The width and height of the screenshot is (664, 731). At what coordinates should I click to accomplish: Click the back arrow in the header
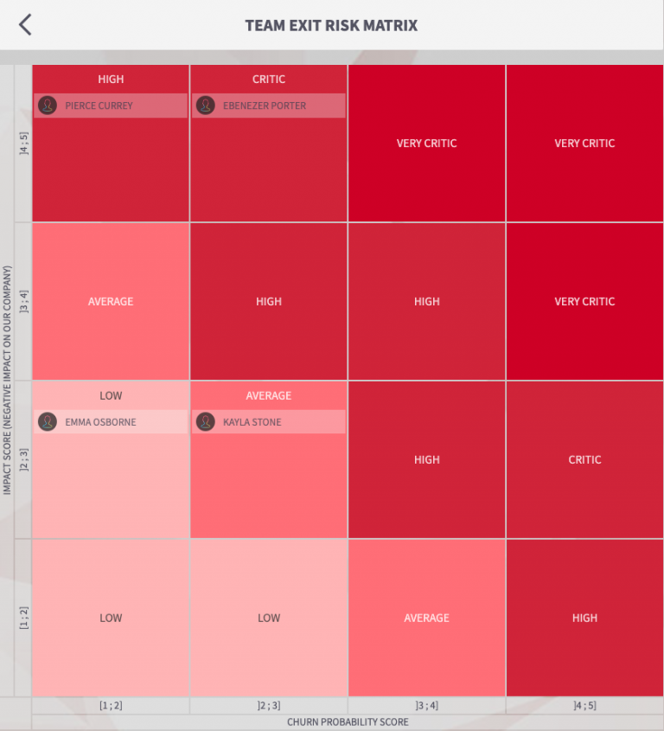click(x=25, y=25)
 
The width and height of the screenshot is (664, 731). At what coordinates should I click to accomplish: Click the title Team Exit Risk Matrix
click(x=331, y=25)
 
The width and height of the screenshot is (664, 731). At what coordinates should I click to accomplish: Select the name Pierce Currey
click(x=99, y=106)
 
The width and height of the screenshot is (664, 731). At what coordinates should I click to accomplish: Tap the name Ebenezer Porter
click(x=265, y=106)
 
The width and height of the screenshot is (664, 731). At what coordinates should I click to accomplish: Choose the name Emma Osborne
click(x=100, y=422)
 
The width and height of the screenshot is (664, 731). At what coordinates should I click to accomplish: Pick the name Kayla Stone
click(x=252, y=422)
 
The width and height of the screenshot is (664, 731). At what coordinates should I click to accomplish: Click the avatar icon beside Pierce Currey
click(x=48, y=106)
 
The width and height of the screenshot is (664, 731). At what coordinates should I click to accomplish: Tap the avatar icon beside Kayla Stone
click(x=206, y=422)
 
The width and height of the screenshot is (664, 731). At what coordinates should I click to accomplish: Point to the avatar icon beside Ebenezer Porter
click(x=206, y=106)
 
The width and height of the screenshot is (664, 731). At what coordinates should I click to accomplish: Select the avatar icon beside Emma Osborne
click(x=48, y=422)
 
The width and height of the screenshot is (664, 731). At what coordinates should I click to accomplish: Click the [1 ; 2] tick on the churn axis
click(x=111, y=706)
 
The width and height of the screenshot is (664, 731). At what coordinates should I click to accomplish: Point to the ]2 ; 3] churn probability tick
click(x=269, y=706)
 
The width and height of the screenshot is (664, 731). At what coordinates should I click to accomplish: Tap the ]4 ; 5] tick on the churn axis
click(x=584, y=706)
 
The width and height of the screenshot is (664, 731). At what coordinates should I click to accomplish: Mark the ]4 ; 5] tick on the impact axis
click(x=24, y=144)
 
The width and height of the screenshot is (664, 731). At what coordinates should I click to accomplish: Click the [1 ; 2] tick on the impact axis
click(x=24, y=618)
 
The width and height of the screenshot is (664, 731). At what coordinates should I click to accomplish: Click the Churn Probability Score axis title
click(x=348, y=721)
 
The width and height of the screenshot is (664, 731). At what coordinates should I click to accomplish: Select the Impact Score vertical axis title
click(x=8, y=381)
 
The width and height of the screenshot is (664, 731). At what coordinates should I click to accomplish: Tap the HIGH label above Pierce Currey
click(x=111, y=79)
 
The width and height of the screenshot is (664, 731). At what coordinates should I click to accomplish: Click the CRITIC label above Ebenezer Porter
click(x=269, y=79)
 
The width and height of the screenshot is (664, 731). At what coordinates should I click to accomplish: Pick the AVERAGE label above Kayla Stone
click(x=269, y=395)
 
